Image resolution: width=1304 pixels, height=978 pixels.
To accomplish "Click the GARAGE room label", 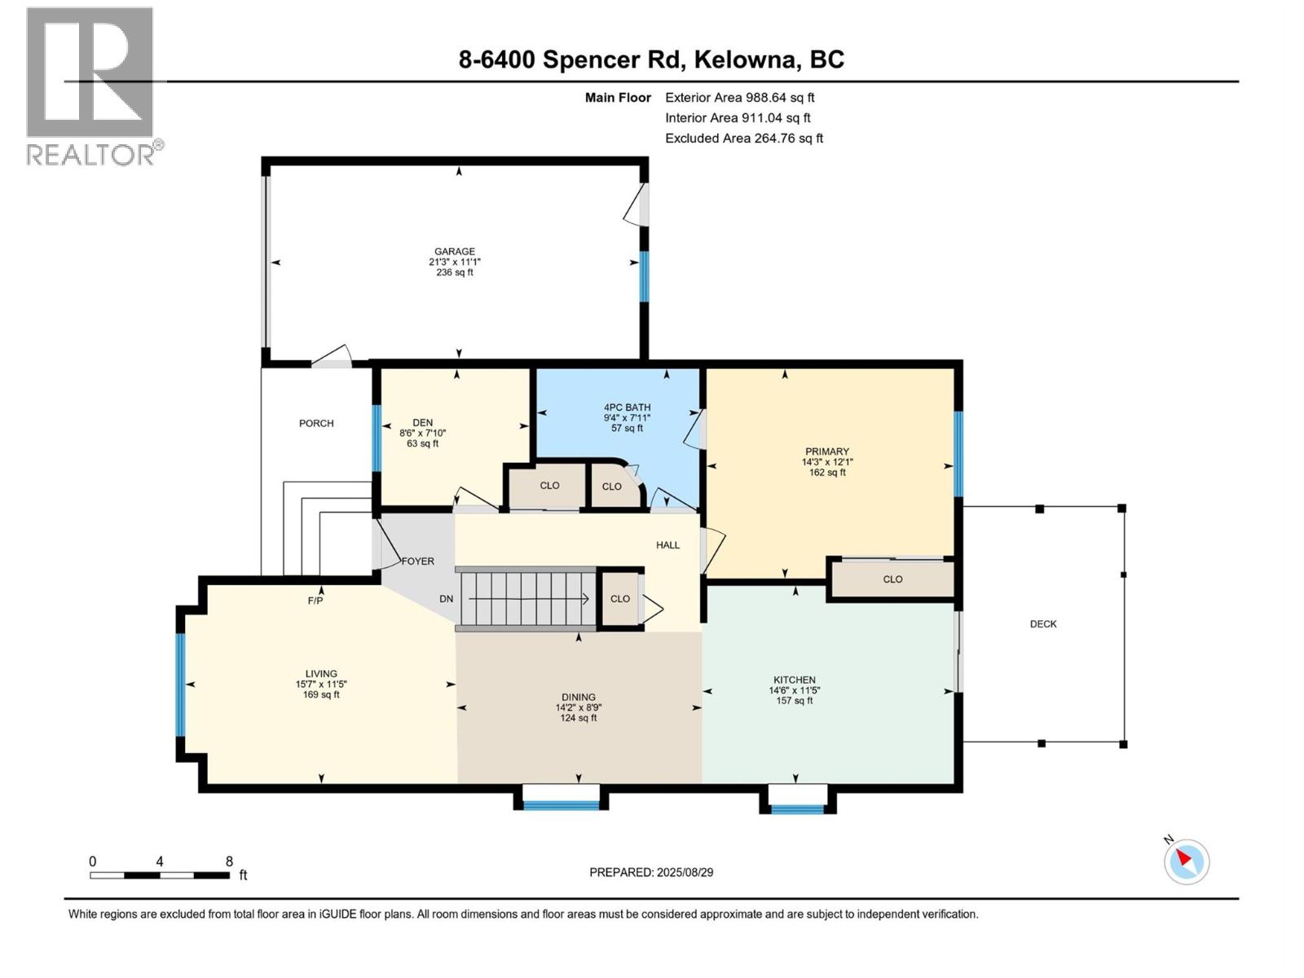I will (x=454, y=252).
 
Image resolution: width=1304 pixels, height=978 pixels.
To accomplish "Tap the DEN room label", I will (x=422, y=422).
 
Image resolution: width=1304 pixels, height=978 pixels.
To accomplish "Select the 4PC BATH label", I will (x=627, y=407).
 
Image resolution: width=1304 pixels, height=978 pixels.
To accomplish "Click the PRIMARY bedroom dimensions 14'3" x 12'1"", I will (x=827, y=462).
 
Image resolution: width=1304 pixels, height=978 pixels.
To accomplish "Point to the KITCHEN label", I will (x=794, y=680).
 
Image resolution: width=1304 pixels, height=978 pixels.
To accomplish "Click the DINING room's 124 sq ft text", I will (x=578, y=718).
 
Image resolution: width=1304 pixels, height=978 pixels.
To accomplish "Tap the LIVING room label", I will (x=321, y=674).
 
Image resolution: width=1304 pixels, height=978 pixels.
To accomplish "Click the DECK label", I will (x=1043, y=624).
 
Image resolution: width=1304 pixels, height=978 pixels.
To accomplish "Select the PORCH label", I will (x=316, y=423).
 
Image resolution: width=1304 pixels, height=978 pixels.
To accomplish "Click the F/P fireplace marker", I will (x=315, y=601).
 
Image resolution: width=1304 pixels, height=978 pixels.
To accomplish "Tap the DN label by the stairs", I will (x=446, y=599).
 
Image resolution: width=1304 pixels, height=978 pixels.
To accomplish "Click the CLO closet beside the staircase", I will (x=620, y=598).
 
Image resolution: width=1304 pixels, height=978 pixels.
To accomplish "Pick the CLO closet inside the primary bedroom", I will (x=892, y=579).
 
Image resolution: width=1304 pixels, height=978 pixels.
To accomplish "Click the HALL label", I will (x=667, y=545).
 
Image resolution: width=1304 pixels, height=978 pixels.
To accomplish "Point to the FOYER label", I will (x=417, y=562).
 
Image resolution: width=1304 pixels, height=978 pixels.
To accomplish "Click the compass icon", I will (x=1186, y=861).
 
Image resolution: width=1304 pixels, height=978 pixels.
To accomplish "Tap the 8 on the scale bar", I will (x=229, y=861).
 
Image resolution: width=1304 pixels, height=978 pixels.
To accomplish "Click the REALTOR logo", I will (x=91, y=86).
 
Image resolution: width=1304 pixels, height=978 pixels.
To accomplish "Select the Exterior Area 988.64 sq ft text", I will (x=739, y=97).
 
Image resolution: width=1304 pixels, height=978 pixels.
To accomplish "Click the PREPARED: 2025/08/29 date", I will (x=651, y=872).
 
